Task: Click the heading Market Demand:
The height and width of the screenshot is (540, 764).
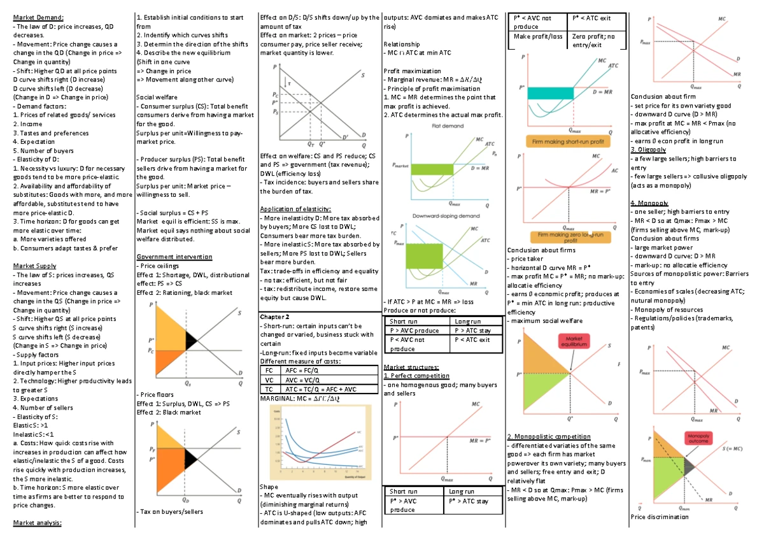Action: (37, 17)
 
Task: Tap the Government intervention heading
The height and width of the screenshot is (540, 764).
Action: (174, 257)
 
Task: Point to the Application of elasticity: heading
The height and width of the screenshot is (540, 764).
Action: (295, 209)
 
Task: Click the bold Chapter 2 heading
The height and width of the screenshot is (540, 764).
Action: (275, 316)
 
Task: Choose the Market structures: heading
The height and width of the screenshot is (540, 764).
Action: (411, 367)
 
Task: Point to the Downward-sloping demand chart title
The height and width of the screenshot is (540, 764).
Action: (446, 216)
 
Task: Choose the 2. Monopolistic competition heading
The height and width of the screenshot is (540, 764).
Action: (548, 436)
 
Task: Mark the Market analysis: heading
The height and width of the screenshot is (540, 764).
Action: (38, 522)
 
